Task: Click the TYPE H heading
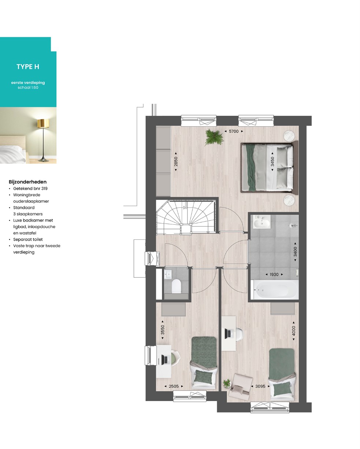[28, 67]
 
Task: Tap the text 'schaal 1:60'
[28, 87]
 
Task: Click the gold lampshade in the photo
[43, 123]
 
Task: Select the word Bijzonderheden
[27, 182]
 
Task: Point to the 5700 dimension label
[234, 131]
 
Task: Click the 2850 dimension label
[176, 161]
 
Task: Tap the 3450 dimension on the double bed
[272, 161]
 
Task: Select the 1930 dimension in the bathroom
[274, 274]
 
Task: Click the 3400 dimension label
[295, 252]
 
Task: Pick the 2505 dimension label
[174, 386]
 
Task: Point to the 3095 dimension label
[260, 386]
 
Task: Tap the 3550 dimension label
[163, 330]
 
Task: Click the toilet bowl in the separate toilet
[176, 286]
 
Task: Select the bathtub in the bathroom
[275, 290]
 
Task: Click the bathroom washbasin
[262, 222]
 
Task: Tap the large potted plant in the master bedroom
[214, 137]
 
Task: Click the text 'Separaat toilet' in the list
[28, 239]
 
